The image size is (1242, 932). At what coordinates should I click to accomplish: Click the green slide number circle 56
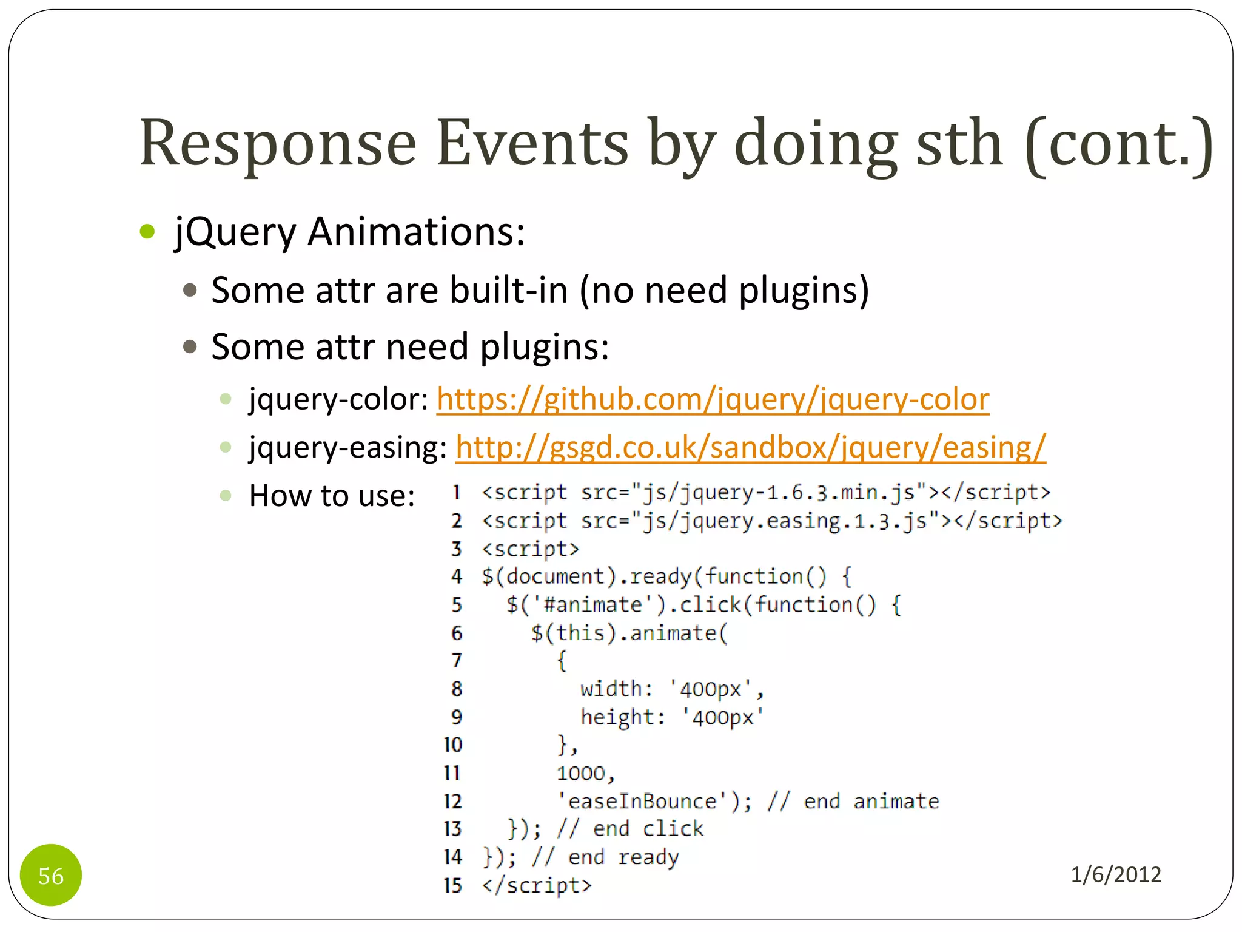point(51,875)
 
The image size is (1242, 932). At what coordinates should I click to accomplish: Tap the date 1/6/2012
point(1115,874)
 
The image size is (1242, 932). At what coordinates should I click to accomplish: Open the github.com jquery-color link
point(713,399)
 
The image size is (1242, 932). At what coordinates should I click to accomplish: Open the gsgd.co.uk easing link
point(750,447)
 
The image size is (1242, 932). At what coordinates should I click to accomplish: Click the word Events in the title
point(532,143)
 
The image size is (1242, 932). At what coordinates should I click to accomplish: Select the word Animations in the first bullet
point(416,232)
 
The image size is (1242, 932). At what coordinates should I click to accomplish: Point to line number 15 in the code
point(452,885)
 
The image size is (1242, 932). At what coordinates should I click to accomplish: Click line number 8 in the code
point(457,689)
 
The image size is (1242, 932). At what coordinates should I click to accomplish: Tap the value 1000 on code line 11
point(581,773)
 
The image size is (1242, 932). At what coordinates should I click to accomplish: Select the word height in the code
point(617,717)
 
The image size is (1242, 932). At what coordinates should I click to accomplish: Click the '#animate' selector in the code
point(593,604)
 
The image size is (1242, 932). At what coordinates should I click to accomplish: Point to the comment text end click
point(648,829)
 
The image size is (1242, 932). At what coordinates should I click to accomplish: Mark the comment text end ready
point(623,857)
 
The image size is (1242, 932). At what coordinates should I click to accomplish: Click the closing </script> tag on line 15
point(536,885)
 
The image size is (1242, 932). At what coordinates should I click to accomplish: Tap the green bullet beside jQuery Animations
point(147,232)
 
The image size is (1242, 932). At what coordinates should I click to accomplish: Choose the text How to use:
point(332,496)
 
